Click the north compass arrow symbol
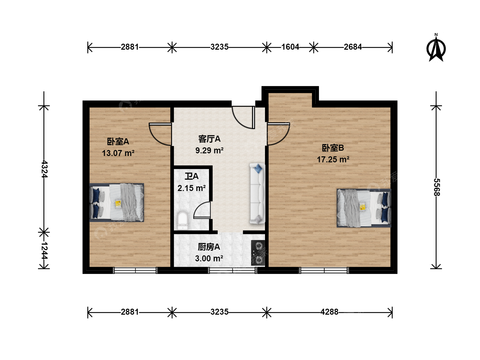click(x=436, y=49)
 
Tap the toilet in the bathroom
click(x=183, y=220)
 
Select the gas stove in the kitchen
click(x=258, y=253)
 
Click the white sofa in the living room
click(x=257, y=193)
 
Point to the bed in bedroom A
click(x=117, y=202)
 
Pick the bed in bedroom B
click(x=364, y=208)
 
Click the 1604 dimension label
click(x=290, y=47)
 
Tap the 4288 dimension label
click(x=329, y=312)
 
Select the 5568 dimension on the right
click(x=436, y=187)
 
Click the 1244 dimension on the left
click(x=44, y=250)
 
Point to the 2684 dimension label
click(x=353, y=47)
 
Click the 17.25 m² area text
click(x=333, y=160)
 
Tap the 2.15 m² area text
click(x=192, y=188)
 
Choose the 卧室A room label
click(x=118, y=142)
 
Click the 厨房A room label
click(x=209, y=247)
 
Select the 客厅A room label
click(x=209, y=139)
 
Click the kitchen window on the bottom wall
click(x=232, y=271)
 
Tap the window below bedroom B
click(x=324, y=271)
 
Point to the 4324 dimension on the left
click(x=44, y=169)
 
